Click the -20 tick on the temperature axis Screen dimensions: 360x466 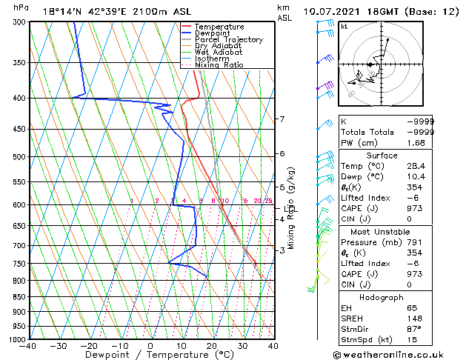tap(89, 346)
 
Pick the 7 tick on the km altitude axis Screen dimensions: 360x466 tap(282, 119)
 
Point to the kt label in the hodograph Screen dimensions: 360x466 tap(344, 26)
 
